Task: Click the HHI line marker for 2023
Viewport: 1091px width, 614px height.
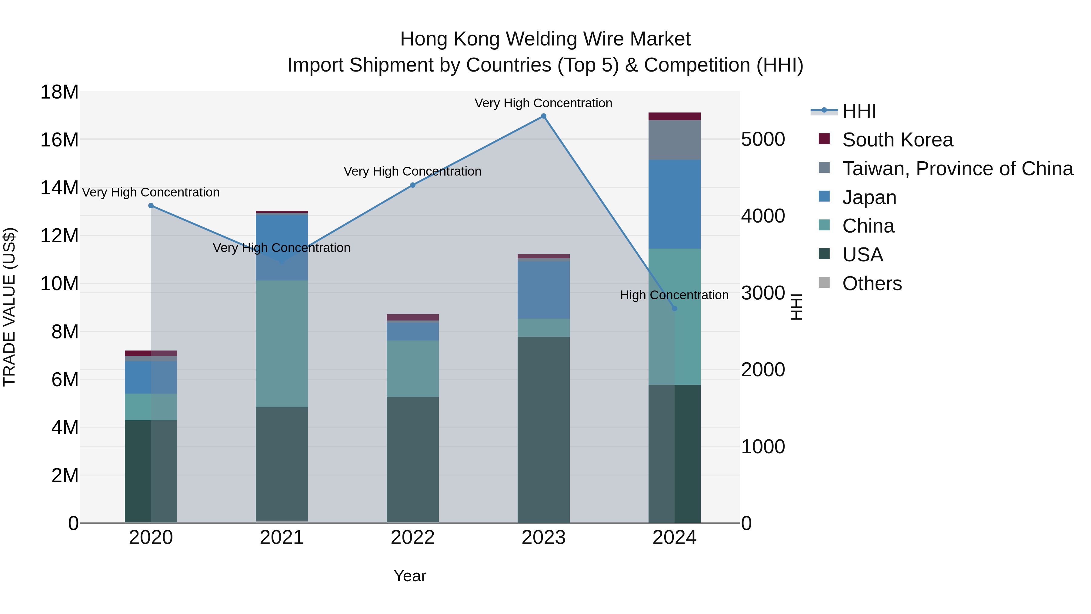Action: click(x=543, y=116)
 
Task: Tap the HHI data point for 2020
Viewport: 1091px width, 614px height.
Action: click(x=151, y=206)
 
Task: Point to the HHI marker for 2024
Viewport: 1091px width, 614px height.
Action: click(x=674, y=308)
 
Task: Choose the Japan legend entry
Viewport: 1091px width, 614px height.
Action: click(x=869, y=197)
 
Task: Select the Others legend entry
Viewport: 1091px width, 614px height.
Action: click(x=872, y=284)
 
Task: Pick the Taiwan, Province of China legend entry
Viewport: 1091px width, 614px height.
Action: click(x=957, y=169)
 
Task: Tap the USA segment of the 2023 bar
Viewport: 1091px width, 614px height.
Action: click(x=543, y=429)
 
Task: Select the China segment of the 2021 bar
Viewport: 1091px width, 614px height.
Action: click(x=282, y=344)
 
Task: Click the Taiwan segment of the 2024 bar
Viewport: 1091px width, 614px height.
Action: click(x=674, y=140)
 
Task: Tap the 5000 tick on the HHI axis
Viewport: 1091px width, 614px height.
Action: click(x=763, y=139)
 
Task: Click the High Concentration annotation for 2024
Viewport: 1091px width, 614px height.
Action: click(x=674, y=295)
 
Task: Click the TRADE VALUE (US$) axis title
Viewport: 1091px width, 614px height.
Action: click(x=9, y=307)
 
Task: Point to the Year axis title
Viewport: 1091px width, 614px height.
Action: click(x=409, y=576)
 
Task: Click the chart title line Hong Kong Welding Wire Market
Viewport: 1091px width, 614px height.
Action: click(x=545, y=39)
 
